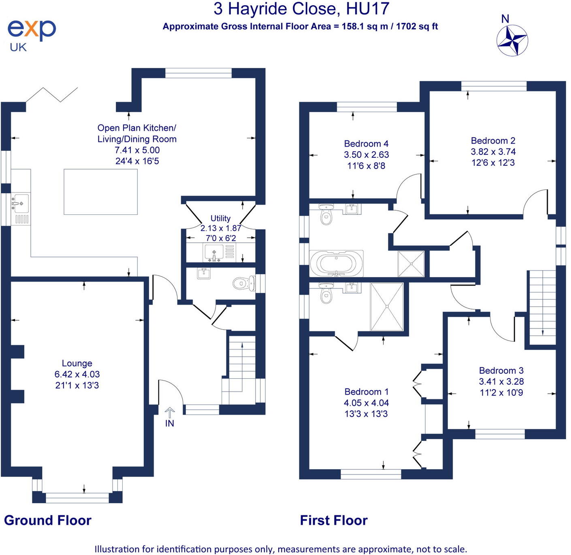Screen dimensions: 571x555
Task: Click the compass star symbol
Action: (512, 41)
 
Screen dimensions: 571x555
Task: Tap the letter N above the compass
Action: (505, 19)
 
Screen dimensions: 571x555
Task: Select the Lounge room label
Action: (77, 363)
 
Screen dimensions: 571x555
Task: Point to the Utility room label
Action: (220, 218)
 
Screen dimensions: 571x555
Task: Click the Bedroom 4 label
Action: (366, 144)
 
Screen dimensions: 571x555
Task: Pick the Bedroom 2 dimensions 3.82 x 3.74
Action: (493, 152)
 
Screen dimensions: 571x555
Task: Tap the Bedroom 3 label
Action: (501, 371)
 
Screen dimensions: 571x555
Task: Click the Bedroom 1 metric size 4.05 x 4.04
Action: (366, 402)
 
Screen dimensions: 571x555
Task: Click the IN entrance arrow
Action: (170, 413)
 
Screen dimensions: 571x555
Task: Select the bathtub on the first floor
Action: (336, 263)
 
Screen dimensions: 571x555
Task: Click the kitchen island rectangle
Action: (101, 192)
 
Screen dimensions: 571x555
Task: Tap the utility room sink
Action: (219, 252)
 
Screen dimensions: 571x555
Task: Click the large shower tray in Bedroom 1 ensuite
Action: (387, 307)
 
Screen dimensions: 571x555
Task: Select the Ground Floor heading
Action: (47, 520)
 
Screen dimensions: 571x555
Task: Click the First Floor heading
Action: (334, 520)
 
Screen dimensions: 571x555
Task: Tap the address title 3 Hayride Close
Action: (275, 8)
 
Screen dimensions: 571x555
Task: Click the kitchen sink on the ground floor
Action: (20, 203)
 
